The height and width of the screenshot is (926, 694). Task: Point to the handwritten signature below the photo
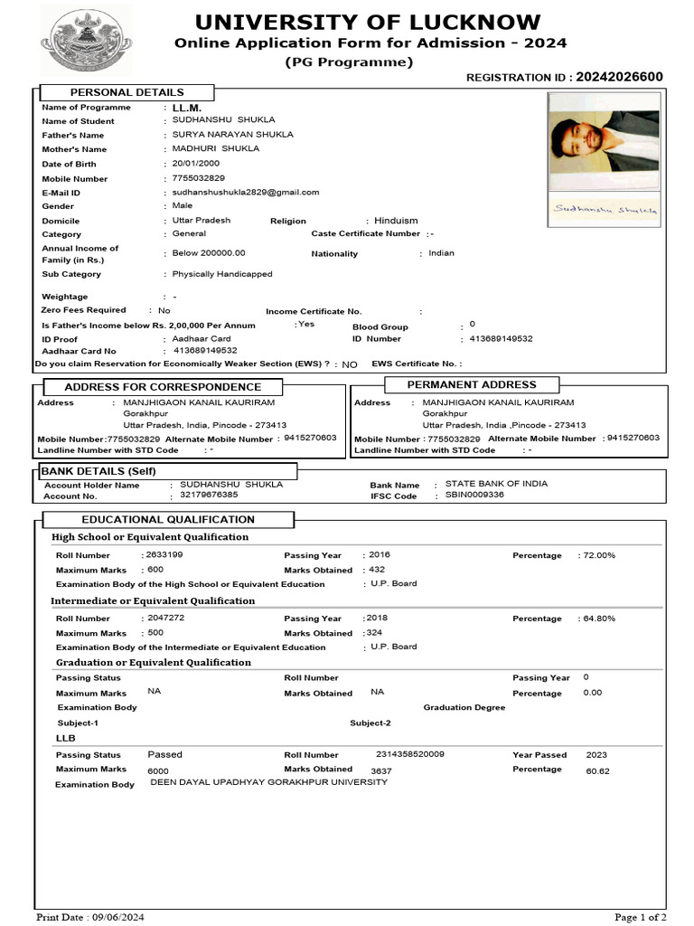[x=605, y=209]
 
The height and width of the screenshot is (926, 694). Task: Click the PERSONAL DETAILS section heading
[x=127, y=92]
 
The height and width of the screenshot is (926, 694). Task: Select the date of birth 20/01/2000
[x=195, y=164]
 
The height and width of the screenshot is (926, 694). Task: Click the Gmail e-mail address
[x=245, y=193]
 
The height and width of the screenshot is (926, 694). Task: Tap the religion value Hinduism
[x=396, y=221]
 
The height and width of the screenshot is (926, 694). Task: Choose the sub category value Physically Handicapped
[x=221, y=274]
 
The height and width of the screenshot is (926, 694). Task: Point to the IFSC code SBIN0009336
[x=474, y=496]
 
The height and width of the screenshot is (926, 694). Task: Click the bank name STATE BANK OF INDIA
[x=496, y=484]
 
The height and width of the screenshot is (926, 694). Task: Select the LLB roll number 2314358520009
[x=409, y=754]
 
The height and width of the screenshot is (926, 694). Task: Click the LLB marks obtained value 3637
[x=381, y=770]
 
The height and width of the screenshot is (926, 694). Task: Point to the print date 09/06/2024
[x=119, y=917]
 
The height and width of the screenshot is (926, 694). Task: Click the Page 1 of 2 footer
[x=641, y=917]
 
